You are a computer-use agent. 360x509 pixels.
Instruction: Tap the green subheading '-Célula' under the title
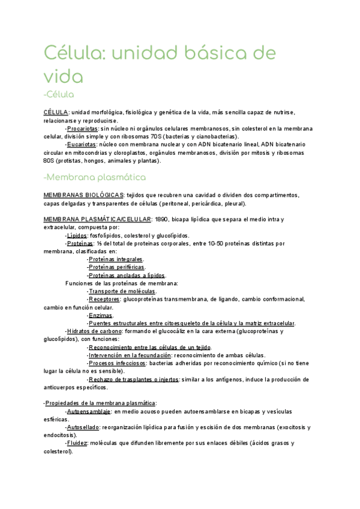59,94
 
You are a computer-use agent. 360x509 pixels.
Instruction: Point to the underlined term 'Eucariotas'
82,145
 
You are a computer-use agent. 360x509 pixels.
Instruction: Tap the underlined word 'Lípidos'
77,236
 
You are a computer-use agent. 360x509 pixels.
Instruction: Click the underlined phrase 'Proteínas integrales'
116,259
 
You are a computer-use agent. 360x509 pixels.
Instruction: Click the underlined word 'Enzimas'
100,315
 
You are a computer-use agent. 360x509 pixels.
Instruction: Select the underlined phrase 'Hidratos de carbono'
94,331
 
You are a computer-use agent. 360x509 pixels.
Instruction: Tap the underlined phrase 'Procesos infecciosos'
117,363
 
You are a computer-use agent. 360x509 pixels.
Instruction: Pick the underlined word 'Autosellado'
84,427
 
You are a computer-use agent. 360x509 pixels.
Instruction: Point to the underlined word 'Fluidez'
77,443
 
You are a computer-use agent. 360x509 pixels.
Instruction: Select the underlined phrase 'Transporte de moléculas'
121,291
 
